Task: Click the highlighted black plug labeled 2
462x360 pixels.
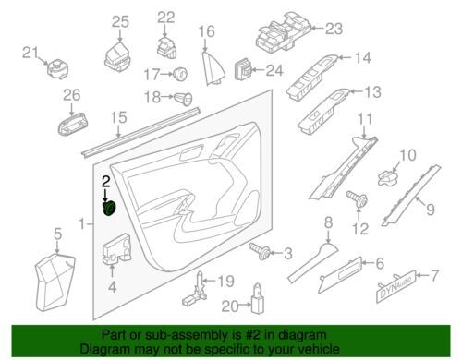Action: [109, 209]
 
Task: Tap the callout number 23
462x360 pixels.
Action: [334, 29]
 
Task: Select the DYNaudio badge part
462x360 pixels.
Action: [396, 286]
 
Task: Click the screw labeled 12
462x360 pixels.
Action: [357, 198]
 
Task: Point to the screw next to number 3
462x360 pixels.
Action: [260, 251]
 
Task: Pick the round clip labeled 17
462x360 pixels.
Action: [180, 74]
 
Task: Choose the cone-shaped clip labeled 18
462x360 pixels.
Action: [184, 99]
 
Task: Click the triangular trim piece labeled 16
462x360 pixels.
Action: [213, 68]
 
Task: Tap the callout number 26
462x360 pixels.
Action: [72, 95]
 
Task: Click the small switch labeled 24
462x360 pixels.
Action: [243, 70]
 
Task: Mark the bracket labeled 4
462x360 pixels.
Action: [116, 248]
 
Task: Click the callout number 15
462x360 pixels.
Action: [118, 117]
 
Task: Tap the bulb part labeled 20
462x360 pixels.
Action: [258, 297]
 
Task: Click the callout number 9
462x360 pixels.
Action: [431, 210]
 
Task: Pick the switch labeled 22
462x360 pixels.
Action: [166, 48]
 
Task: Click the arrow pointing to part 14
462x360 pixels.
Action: [345, 57]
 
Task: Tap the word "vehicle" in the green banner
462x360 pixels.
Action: [316, 349]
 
